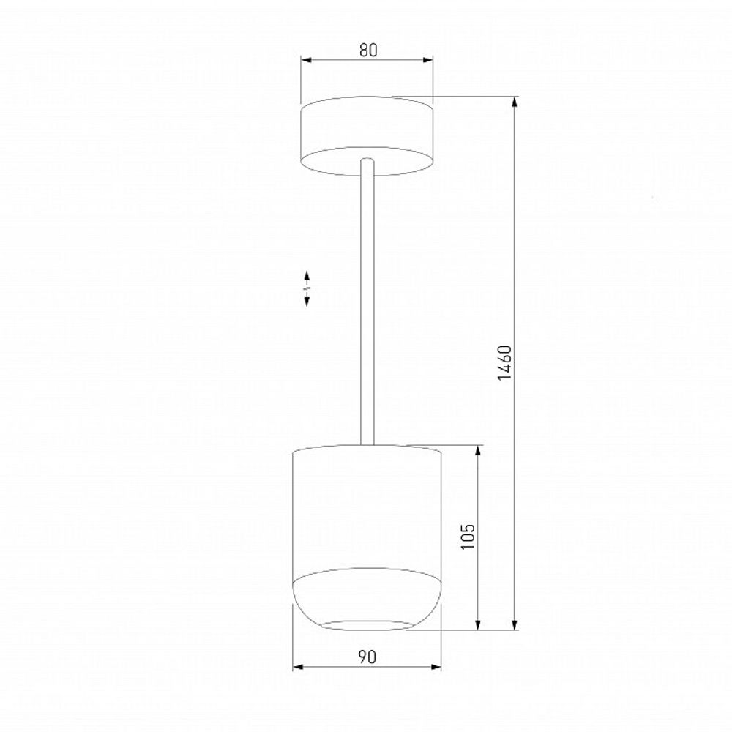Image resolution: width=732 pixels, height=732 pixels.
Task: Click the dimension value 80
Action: click(367, 51)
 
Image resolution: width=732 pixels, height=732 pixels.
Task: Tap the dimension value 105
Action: click(468, 537)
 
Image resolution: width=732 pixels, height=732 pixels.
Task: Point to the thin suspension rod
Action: click(368, 307)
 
